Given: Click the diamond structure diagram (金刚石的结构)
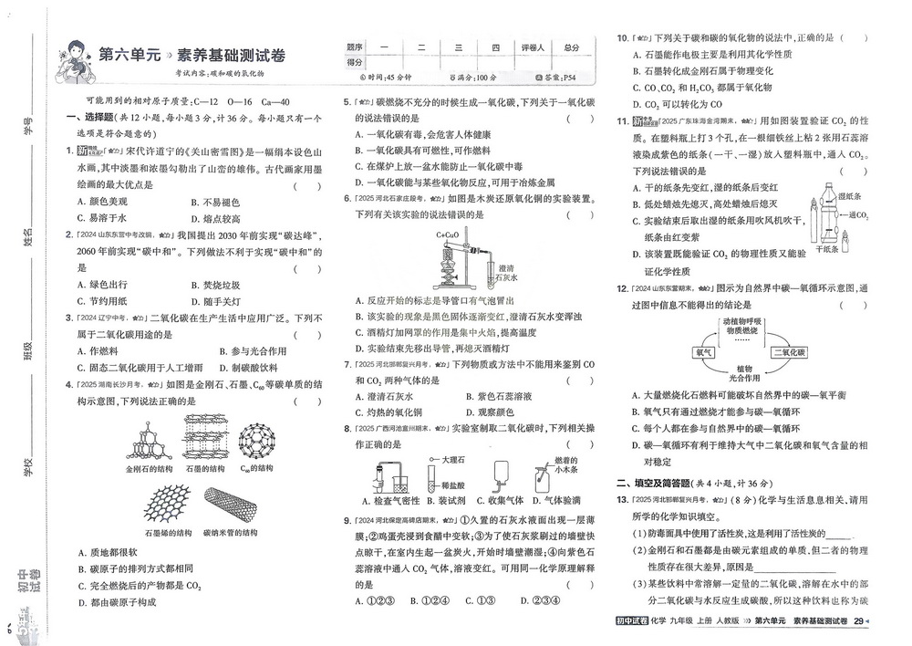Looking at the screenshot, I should [149, 438].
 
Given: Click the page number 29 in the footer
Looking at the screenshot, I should [858, 621].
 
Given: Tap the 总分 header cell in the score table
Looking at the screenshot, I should [572, 47].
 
